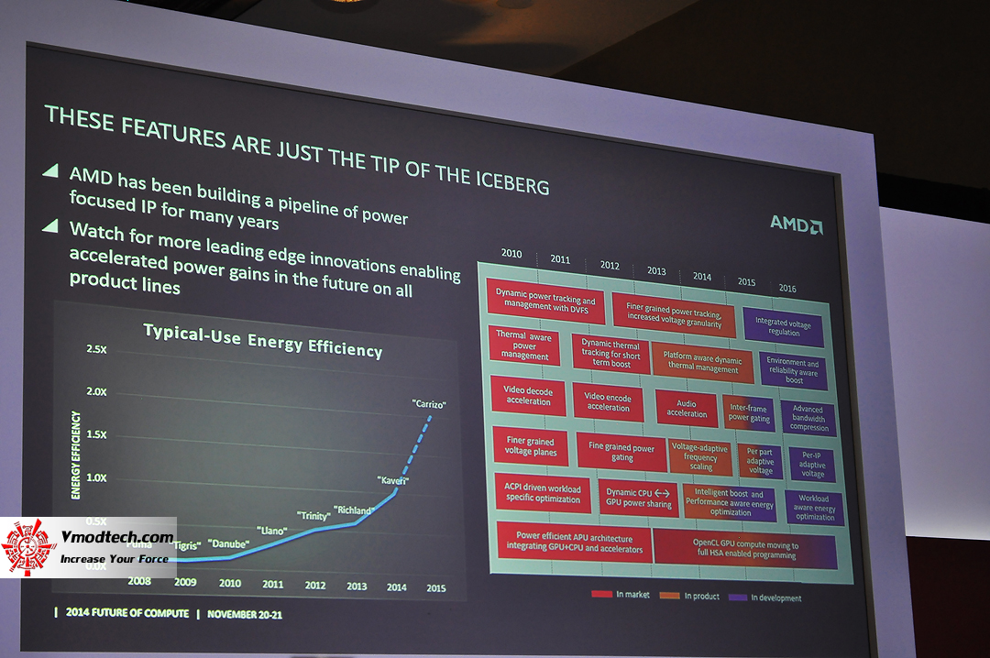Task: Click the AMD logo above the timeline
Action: click(795, 224)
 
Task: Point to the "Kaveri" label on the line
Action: click(393, 479)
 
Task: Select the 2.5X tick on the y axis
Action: click(95, 349)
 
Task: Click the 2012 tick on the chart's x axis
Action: click(314, 585)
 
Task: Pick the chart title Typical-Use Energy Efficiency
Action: click(262, 339)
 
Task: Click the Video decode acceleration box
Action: click(528, 395)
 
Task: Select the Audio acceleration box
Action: click(687, 409)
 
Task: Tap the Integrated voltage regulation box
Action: click(783, 327)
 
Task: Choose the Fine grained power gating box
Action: click(621, 452)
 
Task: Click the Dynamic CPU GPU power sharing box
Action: click(639, 498)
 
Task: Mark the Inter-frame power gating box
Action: click(749, 412)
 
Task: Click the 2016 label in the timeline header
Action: click(787, 288)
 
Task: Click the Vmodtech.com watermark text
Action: click(116, 538)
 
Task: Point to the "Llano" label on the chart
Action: click(272, 531)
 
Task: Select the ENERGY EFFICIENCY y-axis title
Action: click(76, 455)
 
